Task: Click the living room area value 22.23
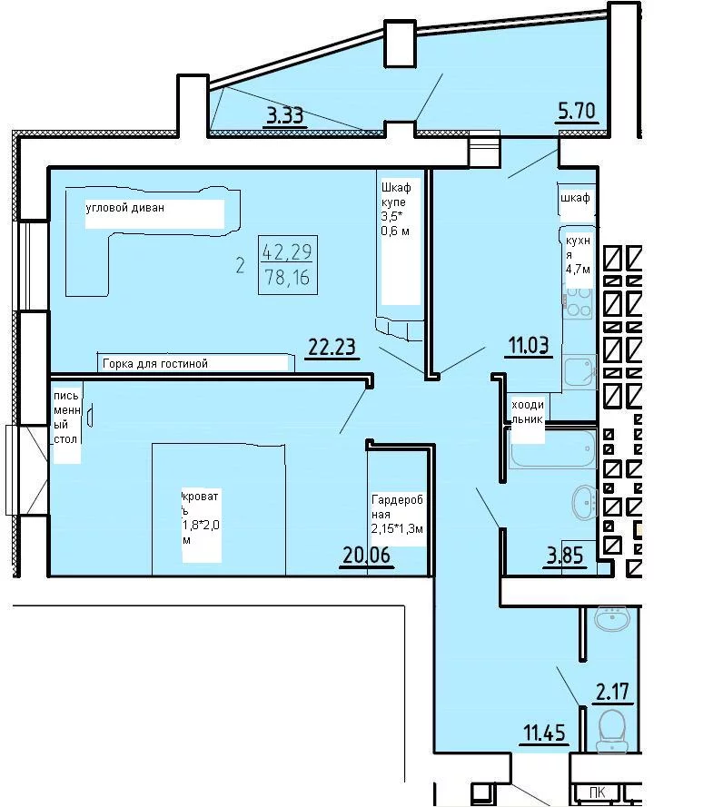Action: [x=332, y=347]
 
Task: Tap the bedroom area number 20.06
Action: [x=367, y=555]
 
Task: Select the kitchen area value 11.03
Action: [x=529, y=345]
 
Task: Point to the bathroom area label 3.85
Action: [x=565, y=556]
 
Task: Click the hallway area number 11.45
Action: [x=544, y=733]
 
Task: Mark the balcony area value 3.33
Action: [x=285, y=115]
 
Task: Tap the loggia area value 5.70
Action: [x=577, y=111]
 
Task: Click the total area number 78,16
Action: [x=287, y=278]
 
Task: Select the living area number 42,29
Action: [x=287, y=251]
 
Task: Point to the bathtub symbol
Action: [x=552, y=448]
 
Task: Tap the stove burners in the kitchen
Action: [x=578, y=302]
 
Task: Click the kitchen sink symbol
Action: [x=580, y=371]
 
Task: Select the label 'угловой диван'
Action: [x=125, y=208]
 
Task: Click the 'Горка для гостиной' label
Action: [x=155, y=364]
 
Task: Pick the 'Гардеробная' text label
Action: [x=397, y=507]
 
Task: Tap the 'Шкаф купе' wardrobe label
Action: [x=395, y=195]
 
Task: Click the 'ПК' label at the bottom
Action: [x=598, y=792]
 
